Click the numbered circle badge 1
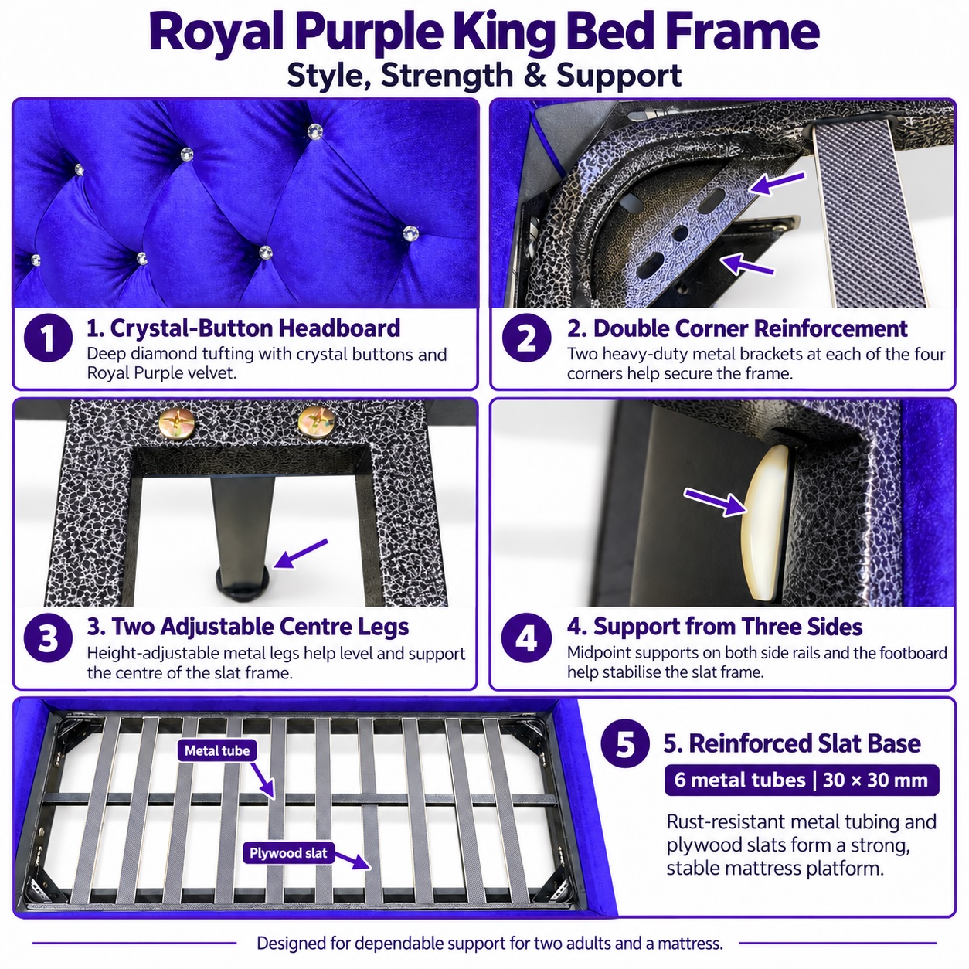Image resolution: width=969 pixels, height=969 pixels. click(48, 338)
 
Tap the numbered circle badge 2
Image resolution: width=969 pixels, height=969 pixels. click(526, 338)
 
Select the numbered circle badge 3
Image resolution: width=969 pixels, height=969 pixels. click(48, 637)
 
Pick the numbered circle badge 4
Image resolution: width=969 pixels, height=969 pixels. click(526, 637)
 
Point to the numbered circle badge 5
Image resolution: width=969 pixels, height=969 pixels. click(625, 743)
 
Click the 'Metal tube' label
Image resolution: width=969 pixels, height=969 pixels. click(216, 751)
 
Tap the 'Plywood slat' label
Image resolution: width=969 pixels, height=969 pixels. click(288, 853)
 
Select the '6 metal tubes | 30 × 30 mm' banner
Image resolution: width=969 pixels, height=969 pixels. click(801, 780)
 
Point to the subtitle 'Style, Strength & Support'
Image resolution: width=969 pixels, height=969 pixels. click(484, 76)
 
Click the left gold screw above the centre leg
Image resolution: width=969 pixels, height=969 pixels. click(175, 421)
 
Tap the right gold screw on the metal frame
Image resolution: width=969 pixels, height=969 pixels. click(316, 420)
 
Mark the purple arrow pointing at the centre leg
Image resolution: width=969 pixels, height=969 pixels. click(301, 554)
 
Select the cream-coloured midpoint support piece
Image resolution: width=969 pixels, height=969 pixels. click(763, 522)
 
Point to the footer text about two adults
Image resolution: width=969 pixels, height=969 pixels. click(489, 943)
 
